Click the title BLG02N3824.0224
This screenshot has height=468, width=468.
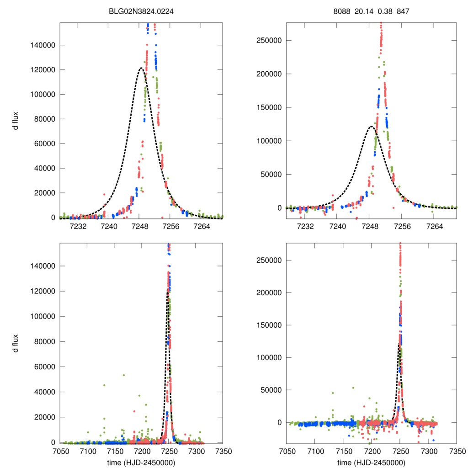click(x=141, y=13)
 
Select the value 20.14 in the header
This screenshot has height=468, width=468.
click(x=364, y=13)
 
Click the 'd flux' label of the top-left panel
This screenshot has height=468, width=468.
click(x=16, y=120)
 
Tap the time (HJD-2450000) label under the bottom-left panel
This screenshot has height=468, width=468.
click(x=141, y=463)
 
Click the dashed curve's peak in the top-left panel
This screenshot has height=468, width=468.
click(x=141, y=68)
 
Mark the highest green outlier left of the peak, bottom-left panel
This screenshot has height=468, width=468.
click(x=123, y=375)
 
